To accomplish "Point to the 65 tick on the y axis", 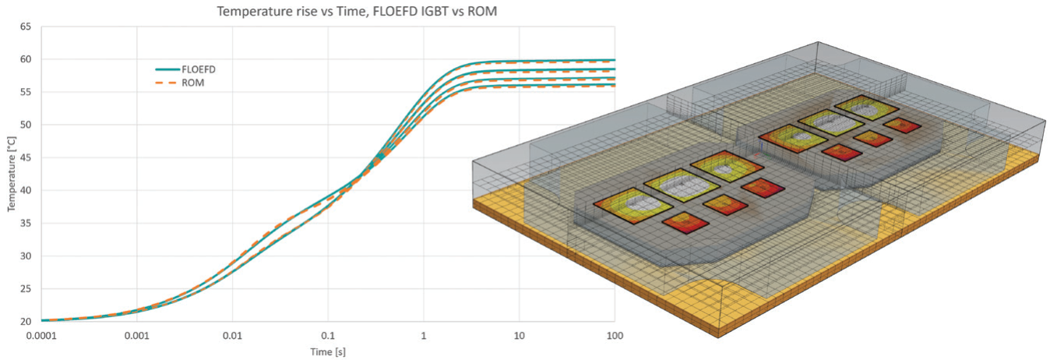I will coord(26,26).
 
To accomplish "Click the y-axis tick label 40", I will coord(26,190).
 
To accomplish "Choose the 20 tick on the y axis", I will coord(26,321).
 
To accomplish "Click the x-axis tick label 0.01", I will coord(232,336).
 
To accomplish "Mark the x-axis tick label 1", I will coord(424,336).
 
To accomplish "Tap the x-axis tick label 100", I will coord(615,336).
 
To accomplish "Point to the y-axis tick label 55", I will coord(26,92).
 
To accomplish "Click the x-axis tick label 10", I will coord(519,336).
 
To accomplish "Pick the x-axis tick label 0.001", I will coord(136,336).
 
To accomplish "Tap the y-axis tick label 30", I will coord(26,256).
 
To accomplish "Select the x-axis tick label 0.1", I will coord(328,336).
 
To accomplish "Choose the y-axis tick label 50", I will coord(26,125).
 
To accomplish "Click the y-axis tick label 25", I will coord(26,288).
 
